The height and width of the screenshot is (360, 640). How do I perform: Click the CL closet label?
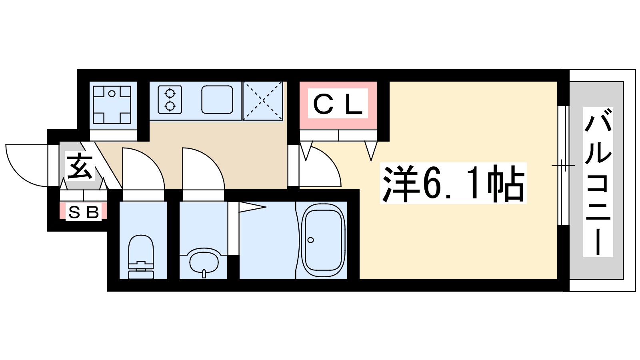[x=338, y=105]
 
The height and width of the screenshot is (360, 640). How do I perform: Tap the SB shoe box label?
[x=84, y=212]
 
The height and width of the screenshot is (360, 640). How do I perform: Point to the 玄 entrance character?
[x=80, y=166]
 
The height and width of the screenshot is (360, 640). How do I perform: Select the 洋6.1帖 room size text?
[x=453, y=184]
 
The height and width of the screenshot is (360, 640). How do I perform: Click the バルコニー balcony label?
[x=598, y=182]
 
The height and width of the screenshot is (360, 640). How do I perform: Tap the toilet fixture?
[x=141, y=256]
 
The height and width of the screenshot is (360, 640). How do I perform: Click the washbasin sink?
[x=204, y=262]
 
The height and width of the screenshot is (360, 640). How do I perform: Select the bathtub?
[x=323, y=240]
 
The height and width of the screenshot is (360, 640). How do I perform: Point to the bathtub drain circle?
[x=311, y=240]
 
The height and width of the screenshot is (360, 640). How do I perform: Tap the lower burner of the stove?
[x=170, y=106]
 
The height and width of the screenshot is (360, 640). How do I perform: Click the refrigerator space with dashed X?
[x=263, y=101]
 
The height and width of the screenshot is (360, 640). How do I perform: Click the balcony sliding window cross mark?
[x=563, y=165]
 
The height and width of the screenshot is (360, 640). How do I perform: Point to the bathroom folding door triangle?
[x=252, y=207]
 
